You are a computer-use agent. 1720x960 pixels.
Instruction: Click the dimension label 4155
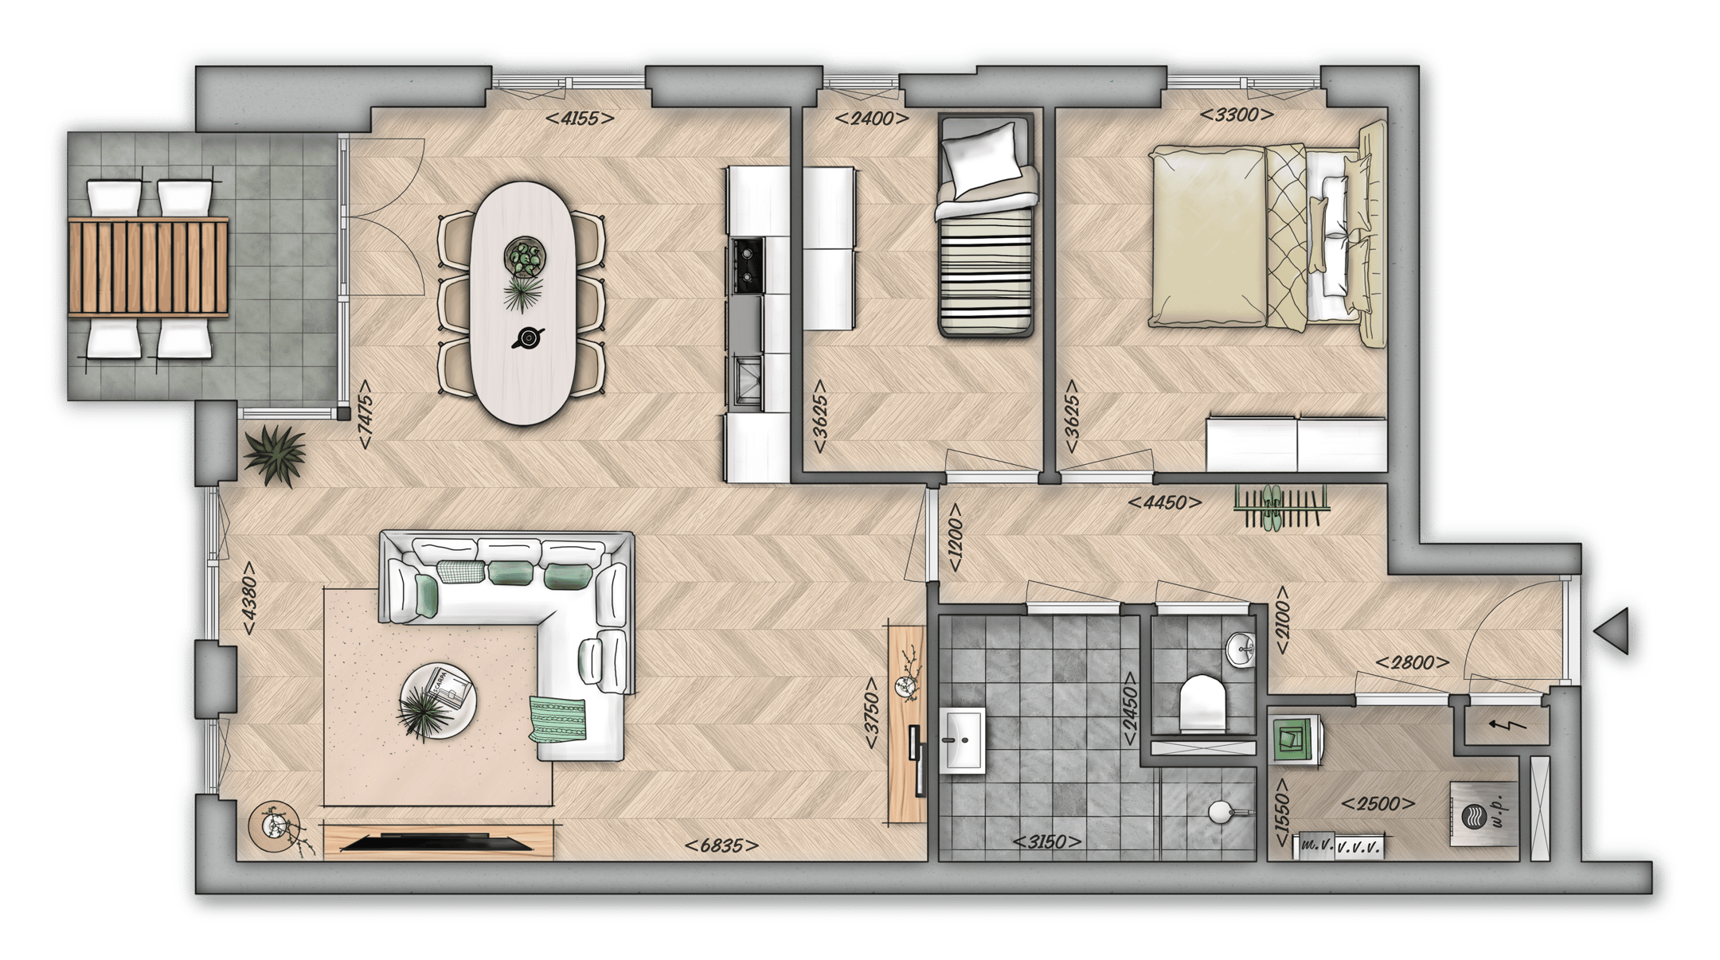pyautogui.click(x=579, y=119)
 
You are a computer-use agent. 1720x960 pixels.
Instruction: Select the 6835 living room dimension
pyautogui.click(x=720, y=846)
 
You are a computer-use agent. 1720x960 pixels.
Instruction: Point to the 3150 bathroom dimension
pyautogui.click(x=1046, y=842)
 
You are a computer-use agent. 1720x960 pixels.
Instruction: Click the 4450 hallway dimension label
pyautogui.click(x=1165, y=503)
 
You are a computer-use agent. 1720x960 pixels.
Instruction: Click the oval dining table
pyautogui.click(x=523, y=302)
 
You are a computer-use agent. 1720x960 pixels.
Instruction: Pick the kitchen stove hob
pyautogui.click(x=746, y=263)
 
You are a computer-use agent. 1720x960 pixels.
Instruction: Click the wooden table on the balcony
pyautogui.click(x=148, y=267)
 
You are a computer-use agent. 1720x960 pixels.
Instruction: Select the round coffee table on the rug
pyautogui.click(x=438, y=701)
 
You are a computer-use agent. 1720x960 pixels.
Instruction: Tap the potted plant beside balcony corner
pyautogui.click(x=275, y=454)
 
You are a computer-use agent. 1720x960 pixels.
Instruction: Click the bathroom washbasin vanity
pyautogui.click(x=963, y=741)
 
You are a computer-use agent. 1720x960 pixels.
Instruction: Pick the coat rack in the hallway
pyautogui.click(x=1280, y=507)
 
